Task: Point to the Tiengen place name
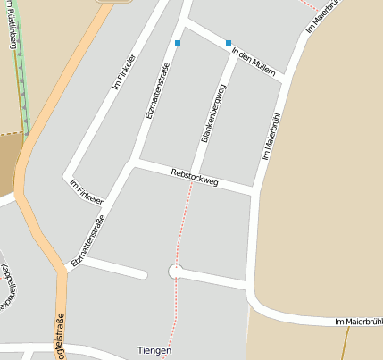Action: pyautogui.click(x=154, y=349)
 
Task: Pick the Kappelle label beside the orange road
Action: pyautogui.click(x=6, y=285)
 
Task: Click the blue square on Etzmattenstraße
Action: pyautogui.click(x=178, y=43)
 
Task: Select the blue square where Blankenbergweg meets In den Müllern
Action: pyautogui.click(x=229, y=43)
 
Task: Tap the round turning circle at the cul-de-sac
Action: pyautogui.click(x=175, y=272)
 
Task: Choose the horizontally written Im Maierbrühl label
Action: pyautogui.click(x=358, y=321)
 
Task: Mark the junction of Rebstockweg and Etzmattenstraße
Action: pyautogui.click(x=133, y=163)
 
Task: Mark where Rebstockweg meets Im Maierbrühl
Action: pyautogui.click(x=256, y=190)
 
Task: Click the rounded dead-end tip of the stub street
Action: pyautogui.click(x=143, y=273)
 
